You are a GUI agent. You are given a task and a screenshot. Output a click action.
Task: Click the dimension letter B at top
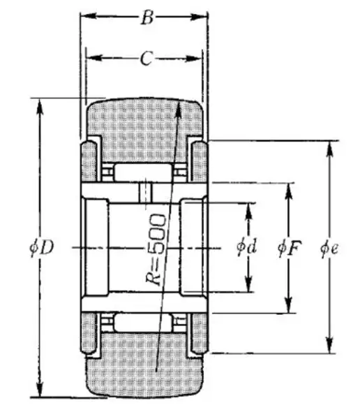tap(147, 17)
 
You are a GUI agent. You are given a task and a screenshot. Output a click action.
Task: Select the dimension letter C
tap(147, 59)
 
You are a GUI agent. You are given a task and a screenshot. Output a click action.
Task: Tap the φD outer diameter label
tap(42, 247)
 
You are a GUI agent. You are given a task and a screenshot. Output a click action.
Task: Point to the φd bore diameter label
tap(247, 247)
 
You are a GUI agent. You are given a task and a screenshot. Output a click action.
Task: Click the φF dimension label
tap(290, 248)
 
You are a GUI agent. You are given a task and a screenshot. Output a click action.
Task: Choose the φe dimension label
tap(329, 249)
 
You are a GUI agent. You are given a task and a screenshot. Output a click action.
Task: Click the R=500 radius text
tap(156, 249)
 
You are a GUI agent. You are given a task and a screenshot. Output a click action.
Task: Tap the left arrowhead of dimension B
tap(89, 16)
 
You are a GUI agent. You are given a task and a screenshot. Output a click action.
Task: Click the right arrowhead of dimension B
tap(200, 17)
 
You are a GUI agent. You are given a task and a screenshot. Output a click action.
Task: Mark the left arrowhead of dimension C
tap(94, 57)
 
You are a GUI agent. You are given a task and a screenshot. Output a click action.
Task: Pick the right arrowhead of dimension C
tap(193, 59)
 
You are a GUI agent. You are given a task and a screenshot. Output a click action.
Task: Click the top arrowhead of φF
tap(288, 191)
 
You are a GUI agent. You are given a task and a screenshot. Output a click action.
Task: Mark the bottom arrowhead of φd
tap(248, 284)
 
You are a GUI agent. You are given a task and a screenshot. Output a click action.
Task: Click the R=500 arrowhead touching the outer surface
tap(179, 109)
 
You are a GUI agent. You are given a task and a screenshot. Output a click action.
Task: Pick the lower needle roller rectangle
tap(143, 323)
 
